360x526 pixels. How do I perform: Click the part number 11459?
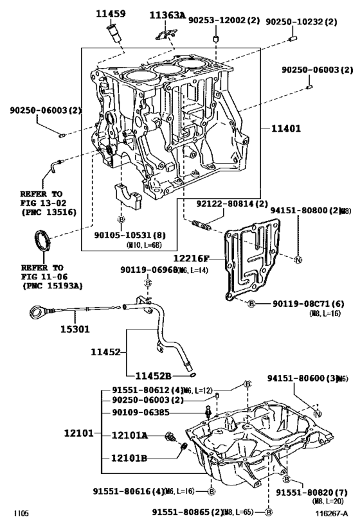click(x=111, y=12)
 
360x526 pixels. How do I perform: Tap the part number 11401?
click(x=285, y=128)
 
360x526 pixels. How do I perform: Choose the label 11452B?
click(x=153, y=375)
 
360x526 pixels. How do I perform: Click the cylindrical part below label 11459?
click(x=116, y=31)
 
